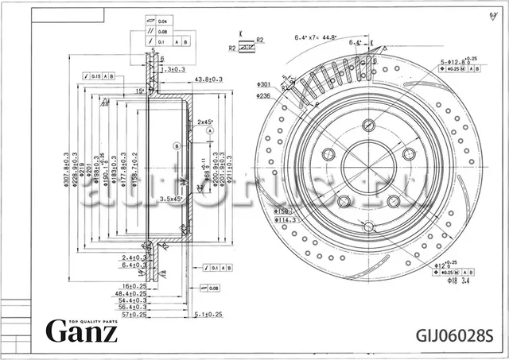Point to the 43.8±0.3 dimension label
208,79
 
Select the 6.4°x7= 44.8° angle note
316,37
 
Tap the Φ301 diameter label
264,84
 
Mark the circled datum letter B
175,146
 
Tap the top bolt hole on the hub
368,125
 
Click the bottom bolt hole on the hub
368,227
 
